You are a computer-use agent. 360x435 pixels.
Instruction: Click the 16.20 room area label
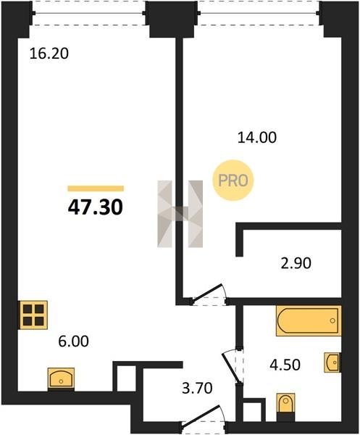(x=49, y=54)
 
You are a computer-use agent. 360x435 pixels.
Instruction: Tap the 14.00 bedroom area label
(x=257, y=138)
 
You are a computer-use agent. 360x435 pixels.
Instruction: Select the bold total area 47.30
(x=96, y=207)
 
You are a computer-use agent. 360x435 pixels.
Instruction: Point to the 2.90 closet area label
(x=296, y=263)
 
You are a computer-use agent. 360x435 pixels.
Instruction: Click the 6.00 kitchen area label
(x=73, y=341)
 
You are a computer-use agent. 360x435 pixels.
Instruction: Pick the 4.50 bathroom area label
(x=285, y=365)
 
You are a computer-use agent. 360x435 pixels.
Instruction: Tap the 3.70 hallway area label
(x=197, y=388)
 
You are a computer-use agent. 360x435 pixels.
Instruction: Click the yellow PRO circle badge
(x=233, y=181)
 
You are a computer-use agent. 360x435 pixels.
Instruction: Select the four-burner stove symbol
(x=33, y=315)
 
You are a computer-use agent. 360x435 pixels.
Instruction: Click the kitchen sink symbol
(x=61, y=378)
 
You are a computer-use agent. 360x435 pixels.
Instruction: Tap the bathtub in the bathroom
(x=309, y=320)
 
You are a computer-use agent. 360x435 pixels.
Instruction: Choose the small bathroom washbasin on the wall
(x=332, y=362)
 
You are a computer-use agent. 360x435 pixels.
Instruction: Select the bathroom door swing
(x=233, y=365)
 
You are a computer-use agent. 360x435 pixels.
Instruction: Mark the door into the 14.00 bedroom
(x=209, y=295)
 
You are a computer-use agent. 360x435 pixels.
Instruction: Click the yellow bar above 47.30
(x=96, y=188)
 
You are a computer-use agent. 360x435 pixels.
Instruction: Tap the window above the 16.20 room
(x=88, y=13)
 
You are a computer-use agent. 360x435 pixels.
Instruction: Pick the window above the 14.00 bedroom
(x=259, y=13)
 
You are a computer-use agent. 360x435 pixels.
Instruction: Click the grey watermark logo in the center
(x=180, y=214)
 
